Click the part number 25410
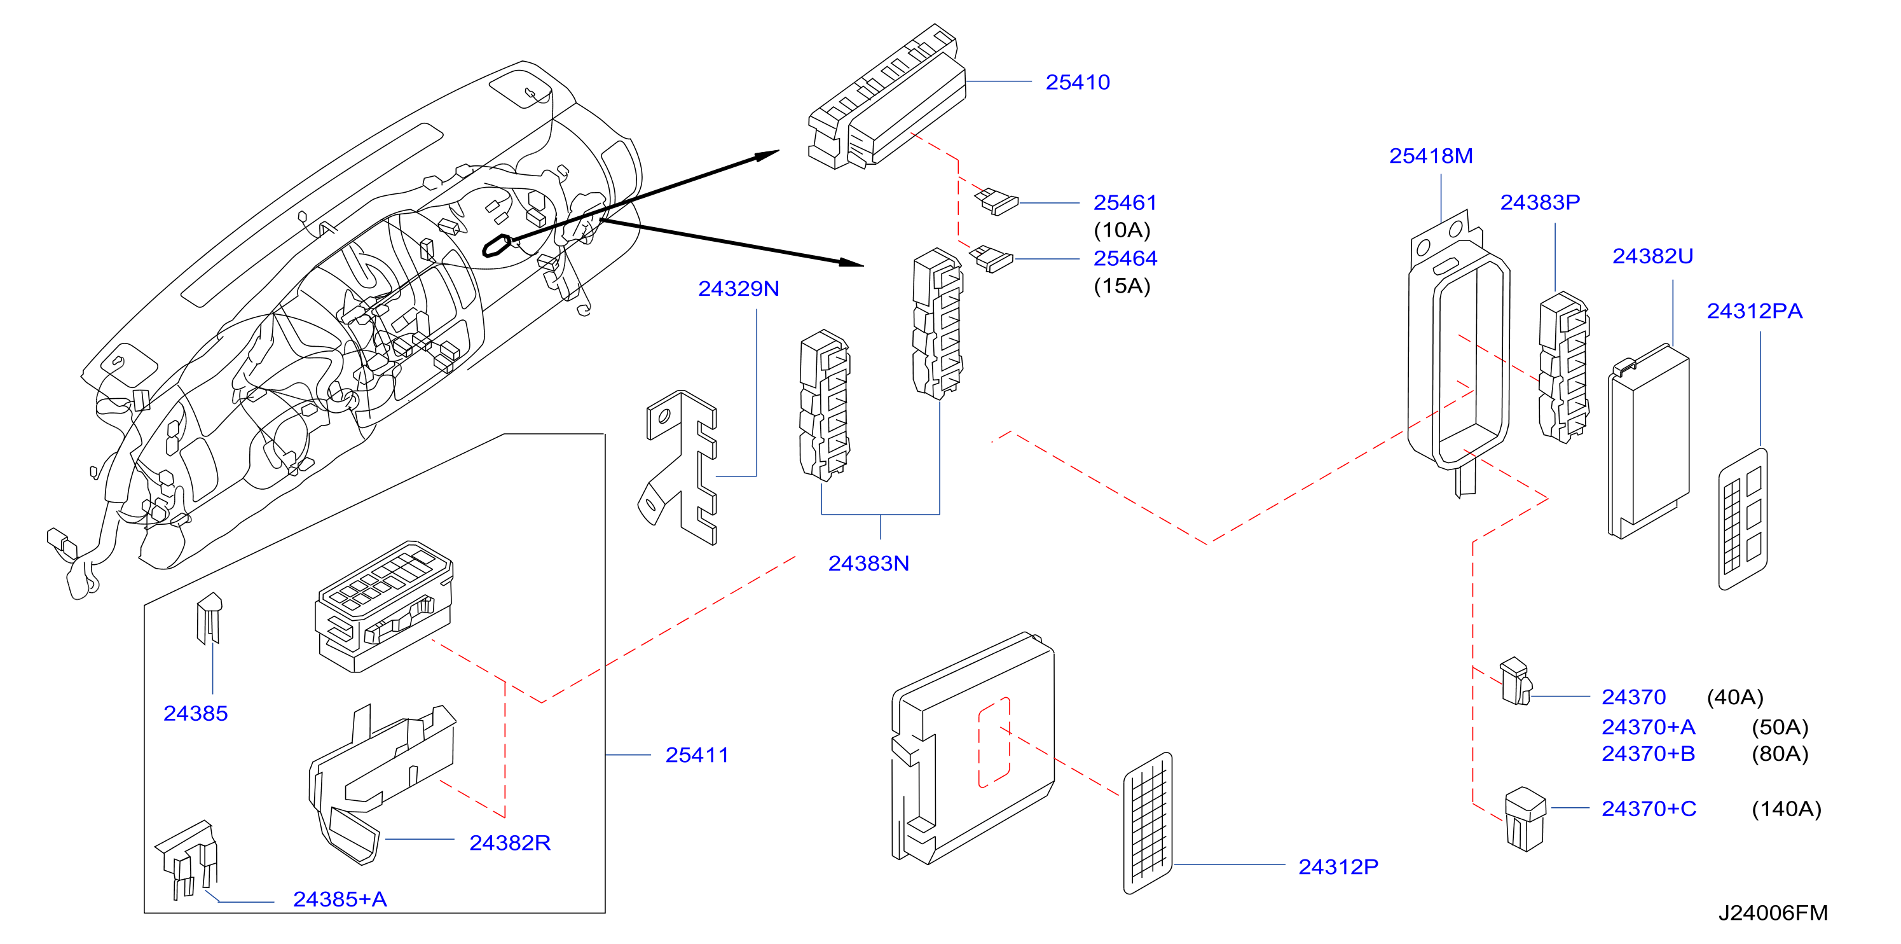pos(1078,82)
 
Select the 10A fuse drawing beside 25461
pos(996,201)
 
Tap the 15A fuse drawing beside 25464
pos(991,258)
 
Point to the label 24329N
pos(738,289)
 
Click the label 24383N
pos(868,563)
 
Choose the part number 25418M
pos(1431,156)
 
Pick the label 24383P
pos(1540,202)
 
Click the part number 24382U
pos(1652,256)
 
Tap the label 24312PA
pos(1754,310)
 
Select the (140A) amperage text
pos(1786,809)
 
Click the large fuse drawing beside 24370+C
pos(1525,819)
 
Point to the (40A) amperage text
pos(1735,697)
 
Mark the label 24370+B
pos(1648,754)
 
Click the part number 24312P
pos(1338,866)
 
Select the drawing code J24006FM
pos(1773,913)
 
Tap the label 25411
pos(697,755)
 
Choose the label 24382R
pos(510,843)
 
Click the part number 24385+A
pos(340,899)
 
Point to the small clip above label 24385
pos(210,618)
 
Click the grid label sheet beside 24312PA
pos(1743,519)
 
